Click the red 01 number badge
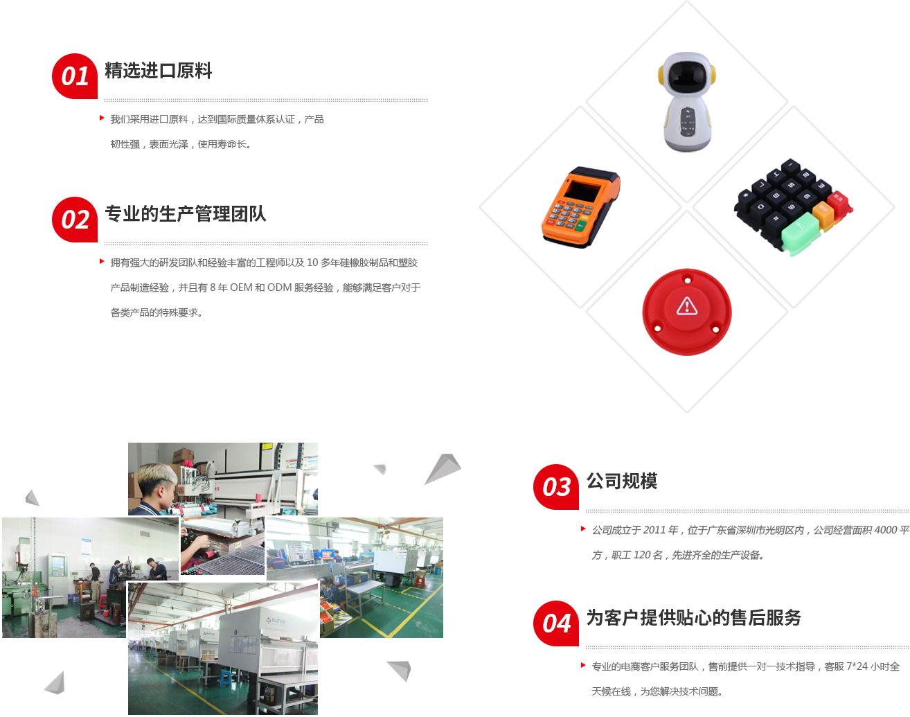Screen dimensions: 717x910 tap(75, 76)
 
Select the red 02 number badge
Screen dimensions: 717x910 tap(75, 219)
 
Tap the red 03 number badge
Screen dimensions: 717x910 tap(555, 486)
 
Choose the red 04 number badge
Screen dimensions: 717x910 tap(555, 623)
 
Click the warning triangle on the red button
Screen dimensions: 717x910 tap(686, 305)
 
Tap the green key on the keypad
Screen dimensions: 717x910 tap(800, 232)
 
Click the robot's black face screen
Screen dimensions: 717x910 tap(686, 73)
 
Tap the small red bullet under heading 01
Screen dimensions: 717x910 tap(102, 118)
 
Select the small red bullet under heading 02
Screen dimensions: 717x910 tap(102, 261)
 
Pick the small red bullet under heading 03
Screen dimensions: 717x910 tap(584, 529)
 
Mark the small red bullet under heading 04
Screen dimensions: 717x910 tap(584, 665)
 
